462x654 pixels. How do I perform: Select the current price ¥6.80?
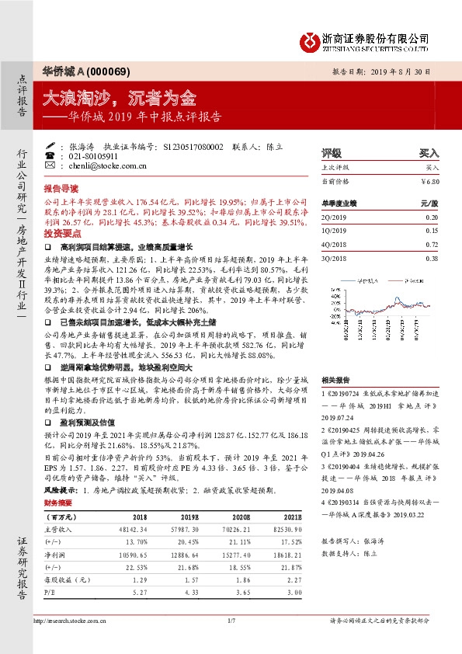[x=429, y=180]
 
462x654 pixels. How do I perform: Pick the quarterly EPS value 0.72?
[x=432, y=244]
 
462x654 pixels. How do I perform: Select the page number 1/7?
[x=231, y=620]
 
